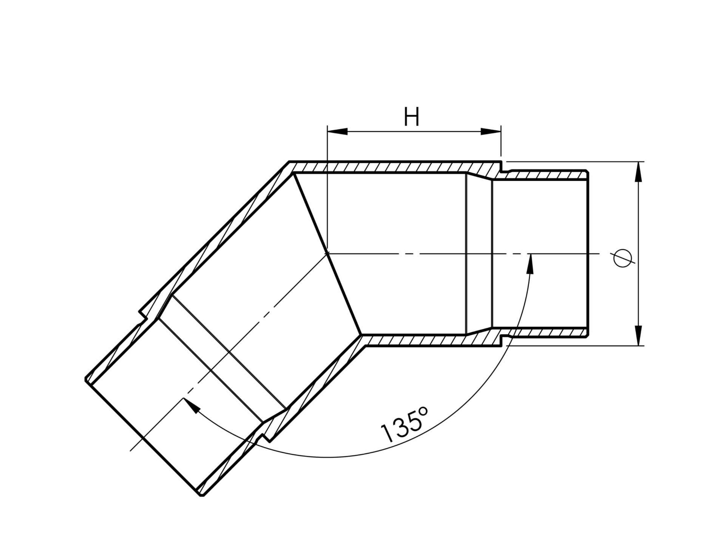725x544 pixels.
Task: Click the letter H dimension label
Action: click(412, 116)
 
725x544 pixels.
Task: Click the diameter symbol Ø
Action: click(622, 258)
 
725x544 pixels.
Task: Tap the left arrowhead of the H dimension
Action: click(337, 131)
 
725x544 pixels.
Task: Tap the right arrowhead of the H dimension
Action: click(491, 131)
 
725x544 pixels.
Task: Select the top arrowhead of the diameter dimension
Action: click(638, 171)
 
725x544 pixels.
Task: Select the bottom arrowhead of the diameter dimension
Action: click(638, 335)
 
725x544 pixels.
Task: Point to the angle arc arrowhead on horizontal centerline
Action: click(530, 263)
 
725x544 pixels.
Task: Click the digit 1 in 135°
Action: click(387, 433)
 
